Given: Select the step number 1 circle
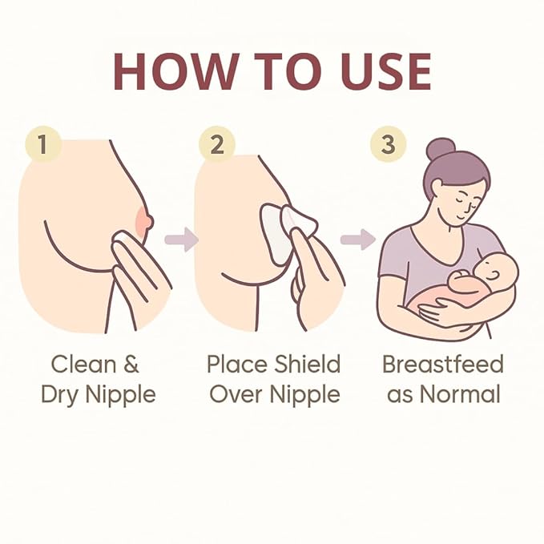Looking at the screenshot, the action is (43, 143).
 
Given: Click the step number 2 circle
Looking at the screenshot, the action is (217, 144).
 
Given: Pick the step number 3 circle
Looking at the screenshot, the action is (389, 143).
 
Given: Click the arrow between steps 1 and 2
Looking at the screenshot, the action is (182, 239).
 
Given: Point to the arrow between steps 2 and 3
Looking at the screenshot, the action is (358, 239).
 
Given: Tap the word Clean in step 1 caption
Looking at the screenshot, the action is (83, 364).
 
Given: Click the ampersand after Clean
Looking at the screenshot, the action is (131, 365).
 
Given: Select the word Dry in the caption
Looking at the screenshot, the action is (59, 395).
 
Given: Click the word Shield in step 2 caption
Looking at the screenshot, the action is (308, 364).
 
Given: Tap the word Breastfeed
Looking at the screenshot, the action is (443, 364).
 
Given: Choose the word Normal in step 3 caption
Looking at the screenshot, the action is (460, 394).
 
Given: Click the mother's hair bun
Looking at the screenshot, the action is (441, 148).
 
